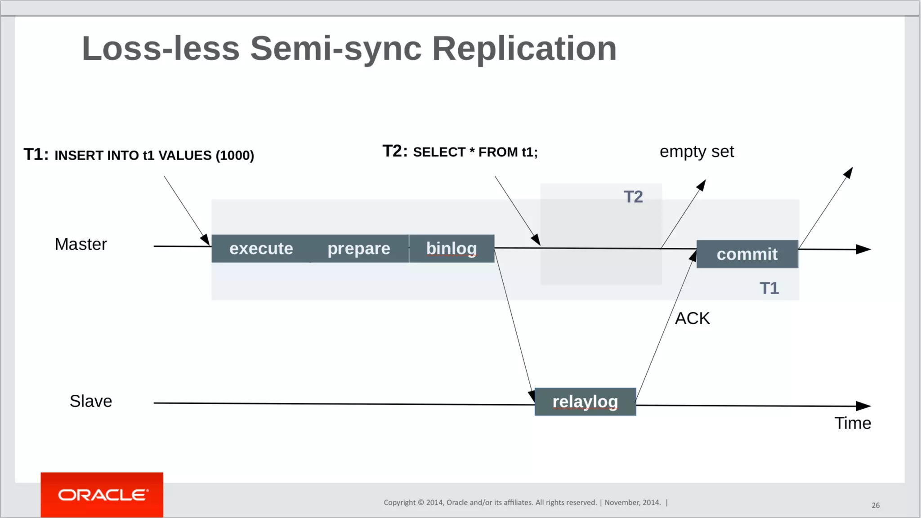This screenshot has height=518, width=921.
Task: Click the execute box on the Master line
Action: pyautogui.click(x=261, y=249)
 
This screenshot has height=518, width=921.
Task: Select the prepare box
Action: pyautogui.click(x=359, y=249)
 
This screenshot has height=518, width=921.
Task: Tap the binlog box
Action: pyautogui.click(x=452, y=249)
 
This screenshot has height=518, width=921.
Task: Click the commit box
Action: pyautogui.click(x=747, y=255)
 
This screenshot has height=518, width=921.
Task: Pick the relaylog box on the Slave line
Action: pyautogui.click(x=585, y=402)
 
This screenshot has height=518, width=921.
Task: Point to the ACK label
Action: pyautogui.click(x=692, y=318)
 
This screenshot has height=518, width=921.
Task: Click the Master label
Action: pyautogui.click(x=81, y=244)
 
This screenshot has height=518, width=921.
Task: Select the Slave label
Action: pyautogui.click(x=91, y=401)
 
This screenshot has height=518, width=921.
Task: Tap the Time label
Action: pyautogui.click(x=853, y=423)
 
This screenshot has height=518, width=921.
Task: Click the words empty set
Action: pyautogui.click(x=697, y=152)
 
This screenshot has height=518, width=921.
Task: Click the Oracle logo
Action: pyautogui.click(x=102, y=495)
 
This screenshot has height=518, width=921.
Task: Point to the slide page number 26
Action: pyautogui.click(x=875, y=505)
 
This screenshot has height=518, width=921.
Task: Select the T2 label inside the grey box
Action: pyautogui.click(x=633, y=197)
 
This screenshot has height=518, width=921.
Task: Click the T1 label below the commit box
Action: pyautogui.click(x=769, y=288)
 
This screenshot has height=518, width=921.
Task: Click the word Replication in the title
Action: pyautogui.click(x=524, y=49)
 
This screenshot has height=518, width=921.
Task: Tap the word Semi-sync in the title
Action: pyautogui.click(x=336, y=49)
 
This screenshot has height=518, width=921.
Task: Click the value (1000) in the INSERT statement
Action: pyautogui.click(x=235, y=156)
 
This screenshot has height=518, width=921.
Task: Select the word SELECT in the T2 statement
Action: pyautogui.click(x=439, y=152)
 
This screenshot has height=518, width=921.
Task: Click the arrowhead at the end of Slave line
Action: pyautogui.click(x=863, y=406)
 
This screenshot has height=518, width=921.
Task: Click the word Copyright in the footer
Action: pyautogui.click(x=399, y=503)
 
